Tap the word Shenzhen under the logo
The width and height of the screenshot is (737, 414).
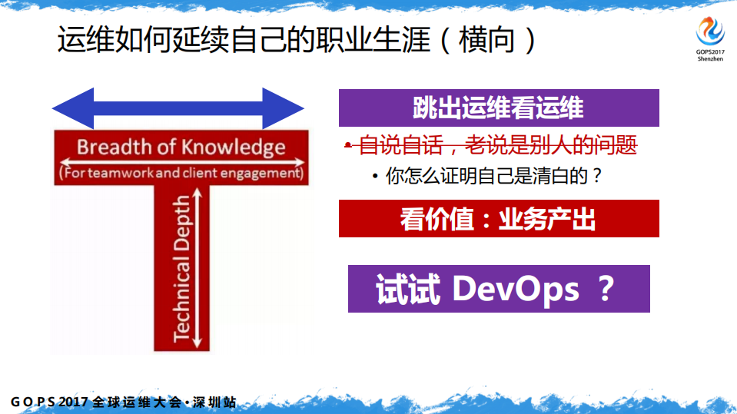709,58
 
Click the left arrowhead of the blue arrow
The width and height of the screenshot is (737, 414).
72,108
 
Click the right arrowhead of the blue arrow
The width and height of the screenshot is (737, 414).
284,108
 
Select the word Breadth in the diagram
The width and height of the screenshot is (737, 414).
108,147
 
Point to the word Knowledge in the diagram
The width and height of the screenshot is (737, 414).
234,147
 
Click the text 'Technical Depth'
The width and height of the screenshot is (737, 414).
181,268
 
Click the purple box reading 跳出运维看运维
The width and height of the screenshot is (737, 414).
499,108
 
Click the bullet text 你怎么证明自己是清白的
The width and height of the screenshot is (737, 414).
493,176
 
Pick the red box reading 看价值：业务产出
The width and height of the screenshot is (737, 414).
499,219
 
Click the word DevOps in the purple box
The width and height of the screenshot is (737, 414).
515,290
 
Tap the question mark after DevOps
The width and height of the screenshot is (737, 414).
605,290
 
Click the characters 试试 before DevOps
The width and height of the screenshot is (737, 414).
407,290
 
